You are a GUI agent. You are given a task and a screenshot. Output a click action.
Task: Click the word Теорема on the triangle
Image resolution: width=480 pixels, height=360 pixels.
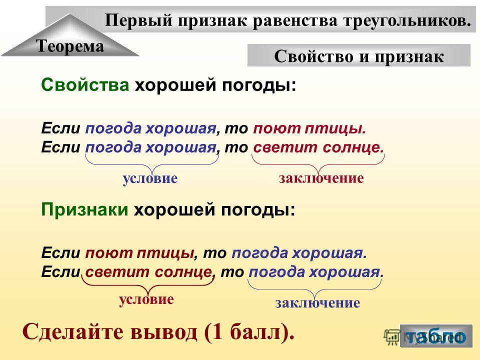[70, 46]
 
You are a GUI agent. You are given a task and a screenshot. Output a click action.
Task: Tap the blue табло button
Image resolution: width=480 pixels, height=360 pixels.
[436, 336]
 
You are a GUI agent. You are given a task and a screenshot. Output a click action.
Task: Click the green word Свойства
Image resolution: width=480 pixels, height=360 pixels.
[85, 85]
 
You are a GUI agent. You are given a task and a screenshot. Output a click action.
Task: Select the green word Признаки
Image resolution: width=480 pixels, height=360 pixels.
[84, 209]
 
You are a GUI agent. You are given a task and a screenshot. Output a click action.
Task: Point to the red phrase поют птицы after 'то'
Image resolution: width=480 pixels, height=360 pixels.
[309, 128]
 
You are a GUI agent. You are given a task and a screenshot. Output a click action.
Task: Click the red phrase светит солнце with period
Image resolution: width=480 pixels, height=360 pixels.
[318, 147]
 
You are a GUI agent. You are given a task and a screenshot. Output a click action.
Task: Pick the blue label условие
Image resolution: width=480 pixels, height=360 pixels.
[150, 178]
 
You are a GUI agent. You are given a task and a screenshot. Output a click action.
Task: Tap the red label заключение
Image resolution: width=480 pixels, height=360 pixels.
[321, 178]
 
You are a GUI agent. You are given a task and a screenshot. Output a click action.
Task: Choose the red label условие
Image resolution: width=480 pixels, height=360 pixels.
[146, 299]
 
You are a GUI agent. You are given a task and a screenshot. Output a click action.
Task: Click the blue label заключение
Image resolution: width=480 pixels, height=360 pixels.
[318, 303]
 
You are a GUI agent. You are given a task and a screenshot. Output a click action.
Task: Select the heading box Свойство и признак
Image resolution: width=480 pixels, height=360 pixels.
[359, 55]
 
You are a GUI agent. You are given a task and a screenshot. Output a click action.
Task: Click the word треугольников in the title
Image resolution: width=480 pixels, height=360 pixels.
[407, 21]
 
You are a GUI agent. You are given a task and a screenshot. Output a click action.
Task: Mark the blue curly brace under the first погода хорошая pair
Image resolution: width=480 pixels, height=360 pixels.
[152, 165]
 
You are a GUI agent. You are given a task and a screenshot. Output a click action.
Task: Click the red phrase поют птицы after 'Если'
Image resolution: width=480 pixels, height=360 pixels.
[140, 253]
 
